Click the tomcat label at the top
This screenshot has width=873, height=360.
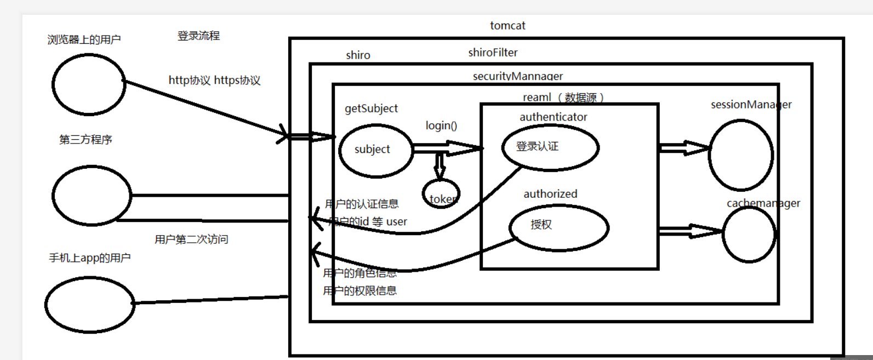(x=507, y=26)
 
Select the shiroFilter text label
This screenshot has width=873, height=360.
(x=493, y=53)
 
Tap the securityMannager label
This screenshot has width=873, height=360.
(x=518, y=76)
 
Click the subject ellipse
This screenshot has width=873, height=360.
(x=375, y=151)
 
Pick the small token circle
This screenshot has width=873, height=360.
(x=441, y=194)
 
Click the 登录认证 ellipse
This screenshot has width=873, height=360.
(x=550, y=147)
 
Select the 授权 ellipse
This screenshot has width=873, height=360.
(x=558, y=227)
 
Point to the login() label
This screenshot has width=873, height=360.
(x=441, y=125)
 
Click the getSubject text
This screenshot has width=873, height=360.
(x=371, y=108)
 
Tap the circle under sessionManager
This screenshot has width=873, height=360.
(x=740, y=155)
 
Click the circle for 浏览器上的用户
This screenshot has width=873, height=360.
(x=89, y=84)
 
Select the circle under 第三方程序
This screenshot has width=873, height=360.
(x=92, y=196)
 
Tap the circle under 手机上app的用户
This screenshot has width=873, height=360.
(x=89, y=305)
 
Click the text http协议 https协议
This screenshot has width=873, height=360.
(x=214, y=81)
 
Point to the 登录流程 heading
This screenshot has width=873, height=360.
(x=198, y=36)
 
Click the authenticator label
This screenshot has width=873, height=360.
(x=553, y=117)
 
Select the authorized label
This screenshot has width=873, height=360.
(x=550, y=194)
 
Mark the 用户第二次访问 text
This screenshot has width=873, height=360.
(x=191, y=239)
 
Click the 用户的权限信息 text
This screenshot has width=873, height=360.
(x=360, y=291)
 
